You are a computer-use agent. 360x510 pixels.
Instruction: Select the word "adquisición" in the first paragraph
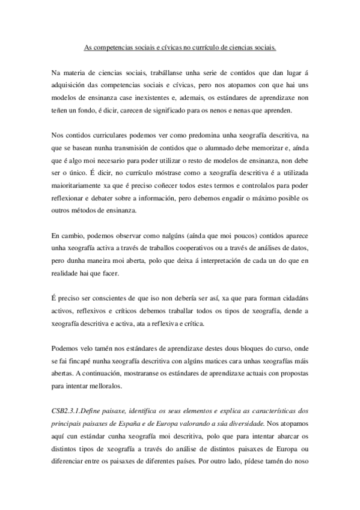(72, 85)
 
